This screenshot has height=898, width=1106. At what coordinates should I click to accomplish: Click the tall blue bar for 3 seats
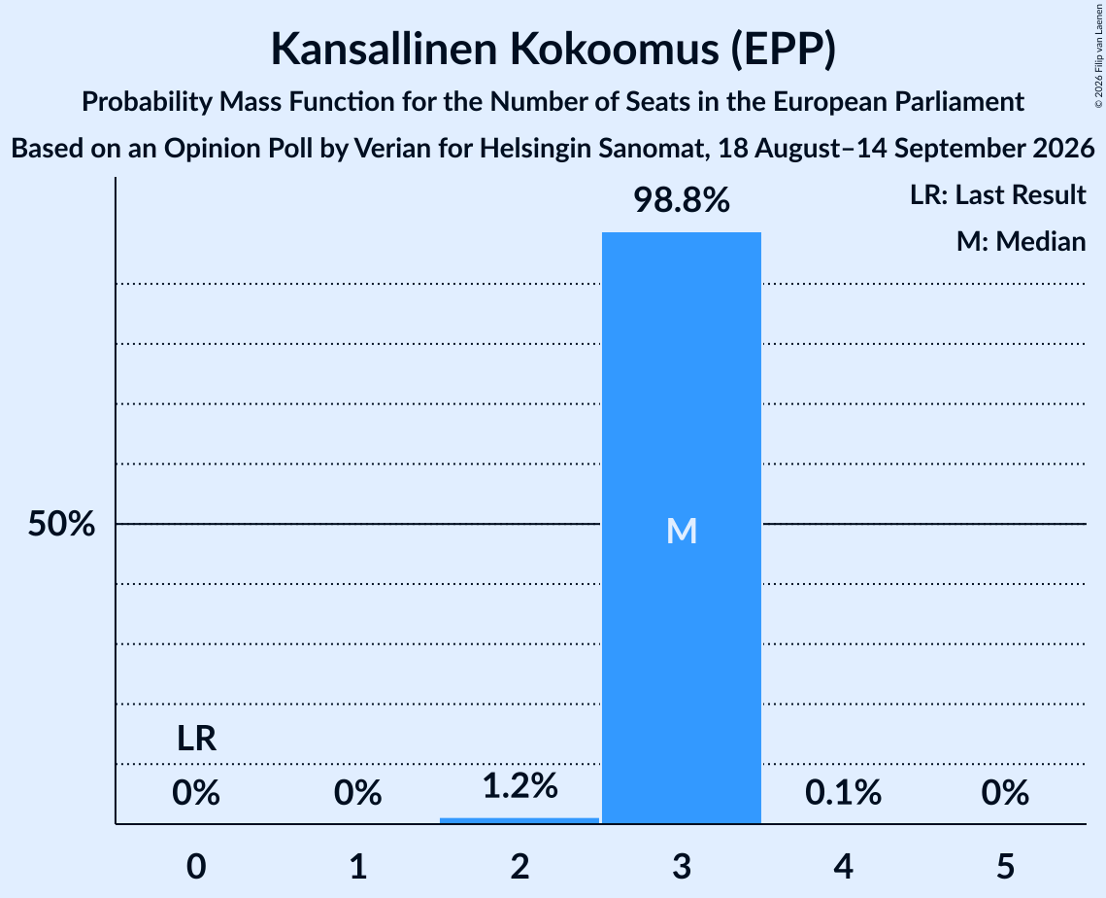[682, 528]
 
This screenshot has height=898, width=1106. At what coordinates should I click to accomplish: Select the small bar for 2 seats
[519, 820]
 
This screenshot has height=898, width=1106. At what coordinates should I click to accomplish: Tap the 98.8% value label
[682, 200]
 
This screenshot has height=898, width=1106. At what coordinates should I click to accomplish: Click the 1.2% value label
[519, 785]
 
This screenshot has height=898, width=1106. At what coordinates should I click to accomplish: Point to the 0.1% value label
[843, 793]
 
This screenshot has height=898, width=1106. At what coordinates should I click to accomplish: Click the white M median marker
[682, 531]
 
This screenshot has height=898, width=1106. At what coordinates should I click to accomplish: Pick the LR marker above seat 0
[196, 739]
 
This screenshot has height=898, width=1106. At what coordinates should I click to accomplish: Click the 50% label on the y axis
[61, 524]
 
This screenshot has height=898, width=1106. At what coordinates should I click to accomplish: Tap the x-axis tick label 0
[196, 866]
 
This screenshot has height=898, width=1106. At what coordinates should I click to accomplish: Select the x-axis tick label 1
[358, 866]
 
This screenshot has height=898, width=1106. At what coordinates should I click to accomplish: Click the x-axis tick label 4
[844, 866]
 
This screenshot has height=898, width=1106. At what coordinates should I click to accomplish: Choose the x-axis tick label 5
[1005, 866]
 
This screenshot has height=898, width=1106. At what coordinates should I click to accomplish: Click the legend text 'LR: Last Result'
[997, 194]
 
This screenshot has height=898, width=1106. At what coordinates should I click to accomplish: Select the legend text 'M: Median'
[1021, 241]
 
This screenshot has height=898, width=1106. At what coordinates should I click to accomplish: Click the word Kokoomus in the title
[615, 49]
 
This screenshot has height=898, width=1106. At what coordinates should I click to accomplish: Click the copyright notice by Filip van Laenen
[1098, 55]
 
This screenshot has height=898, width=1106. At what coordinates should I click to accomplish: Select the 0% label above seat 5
[1005, 793]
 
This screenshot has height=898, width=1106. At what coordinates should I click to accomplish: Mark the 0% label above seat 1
[357, 793]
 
